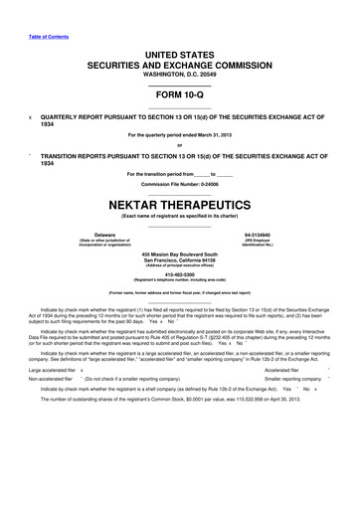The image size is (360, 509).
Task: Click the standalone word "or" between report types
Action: tap(180, 147)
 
